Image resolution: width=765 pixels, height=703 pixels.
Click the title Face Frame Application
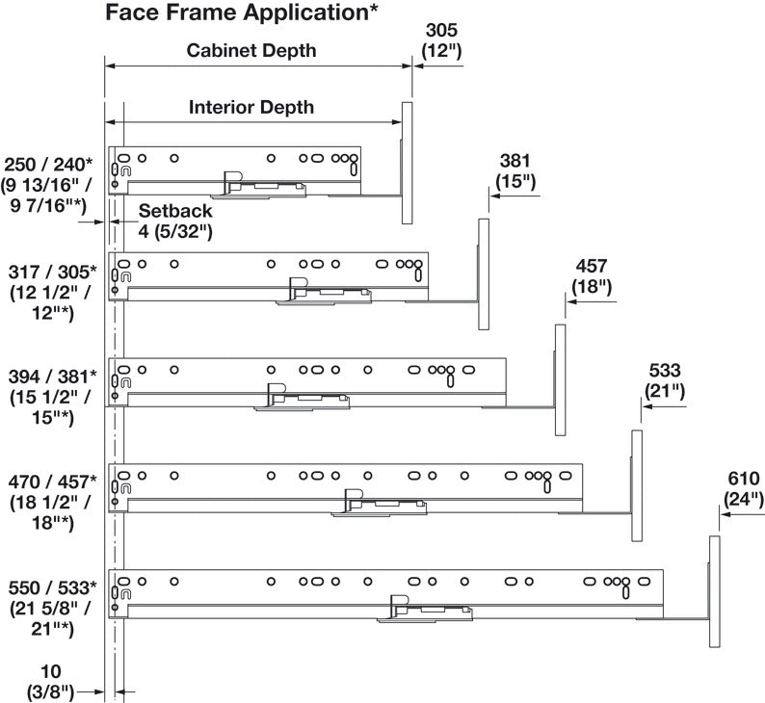pyautogui.click(x=242, y=13)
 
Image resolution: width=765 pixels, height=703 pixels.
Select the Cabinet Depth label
pyautogui.click(x=251, y=50)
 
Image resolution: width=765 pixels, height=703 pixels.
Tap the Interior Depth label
pyautogui.click(x=251, y=107)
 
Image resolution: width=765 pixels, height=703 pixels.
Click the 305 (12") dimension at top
pyautogui.click(x=441, y=40)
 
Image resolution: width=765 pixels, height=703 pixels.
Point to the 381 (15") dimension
pyautogui.click(x=515, y=171)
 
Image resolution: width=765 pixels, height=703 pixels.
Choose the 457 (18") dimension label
pyautogui.click(x=592, y=276)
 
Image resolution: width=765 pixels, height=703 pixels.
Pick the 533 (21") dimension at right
pyautogui.click(x=665, y=381)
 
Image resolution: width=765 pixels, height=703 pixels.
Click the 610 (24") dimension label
pyautogui.click(x=744, y=489)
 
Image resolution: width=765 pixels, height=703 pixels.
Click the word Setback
pyautogui.click(x=175, y=211)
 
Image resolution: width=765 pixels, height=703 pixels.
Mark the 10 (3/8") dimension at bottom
pyautogui.click(x=50, y=682)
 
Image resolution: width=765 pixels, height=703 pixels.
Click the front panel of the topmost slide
pyautogui.click(x=407, y=163)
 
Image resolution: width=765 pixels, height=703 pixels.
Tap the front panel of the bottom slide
pyautogui.click(x=714, y=591)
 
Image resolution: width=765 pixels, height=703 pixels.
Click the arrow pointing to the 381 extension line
pyautogui.click(x=515, y=196)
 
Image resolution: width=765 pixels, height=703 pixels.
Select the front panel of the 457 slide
pyautogui.click(x=560, y=379)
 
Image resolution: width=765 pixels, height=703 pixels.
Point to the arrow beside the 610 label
pyautogui.click(x=743, y=514)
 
